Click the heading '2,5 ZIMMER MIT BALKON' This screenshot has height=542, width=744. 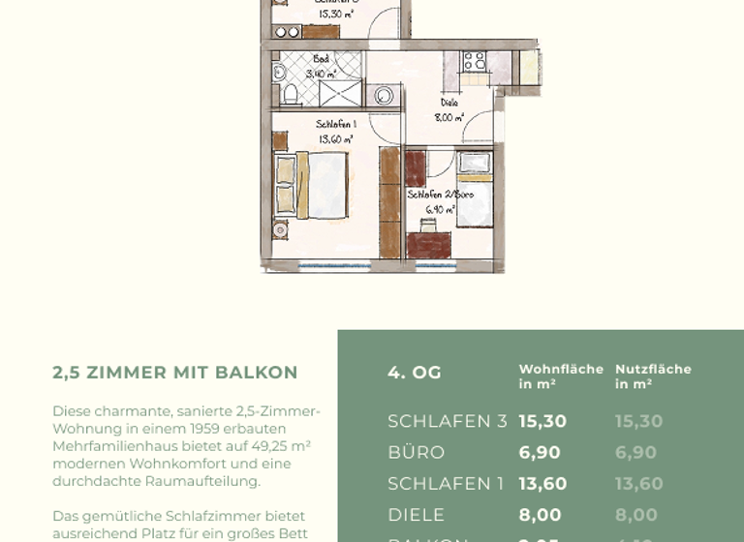pos(174,373)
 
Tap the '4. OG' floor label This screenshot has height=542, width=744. pos(415,373)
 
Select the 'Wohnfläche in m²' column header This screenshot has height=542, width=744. pos(560,376)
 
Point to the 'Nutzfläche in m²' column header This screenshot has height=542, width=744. pos(653,376)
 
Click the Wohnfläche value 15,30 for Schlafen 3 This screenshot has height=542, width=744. pos(542,421)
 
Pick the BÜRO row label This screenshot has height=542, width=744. pos(417,452)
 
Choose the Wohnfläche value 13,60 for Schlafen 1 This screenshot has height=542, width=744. pos(542,483)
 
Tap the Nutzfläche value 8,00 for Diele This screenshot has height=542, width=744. pos(635,515)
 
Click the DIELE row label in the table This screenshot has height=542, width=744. pos(417,515)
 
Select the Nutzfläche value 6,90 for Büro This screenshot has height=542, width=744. pos(635,452)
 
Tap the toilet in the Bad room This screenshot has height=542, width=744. pos(289,94)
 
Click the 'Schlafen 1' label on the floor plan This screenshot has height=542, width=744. pos(335,124)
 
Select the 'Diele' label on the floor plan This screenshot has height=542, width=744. pos(449,102)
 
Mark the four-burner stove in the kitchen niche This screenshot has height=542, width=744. pos(474,62)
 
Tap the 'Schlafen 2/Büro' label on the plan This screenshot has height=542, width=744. pos(440,195)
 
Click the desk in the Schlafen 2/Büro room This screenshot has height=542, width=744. pos(429,243)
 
